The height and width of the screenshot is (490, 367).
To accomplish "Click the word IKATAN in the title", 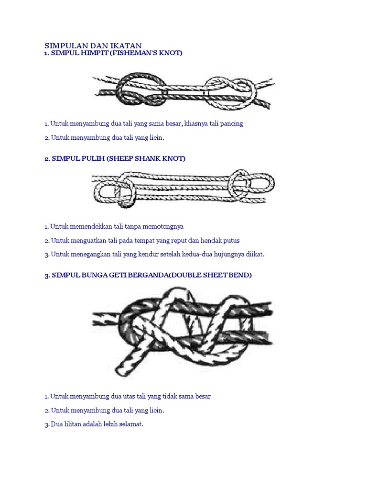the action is (126, 45).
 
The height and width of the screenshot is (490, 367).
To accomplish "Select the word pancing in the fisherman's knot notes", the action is (231, 124).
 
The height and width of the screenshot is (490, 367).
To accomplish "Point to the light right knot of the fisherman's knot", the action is (230, 92).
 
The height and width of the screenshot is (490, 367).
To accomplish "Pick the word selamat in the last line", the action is (131, 424).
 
